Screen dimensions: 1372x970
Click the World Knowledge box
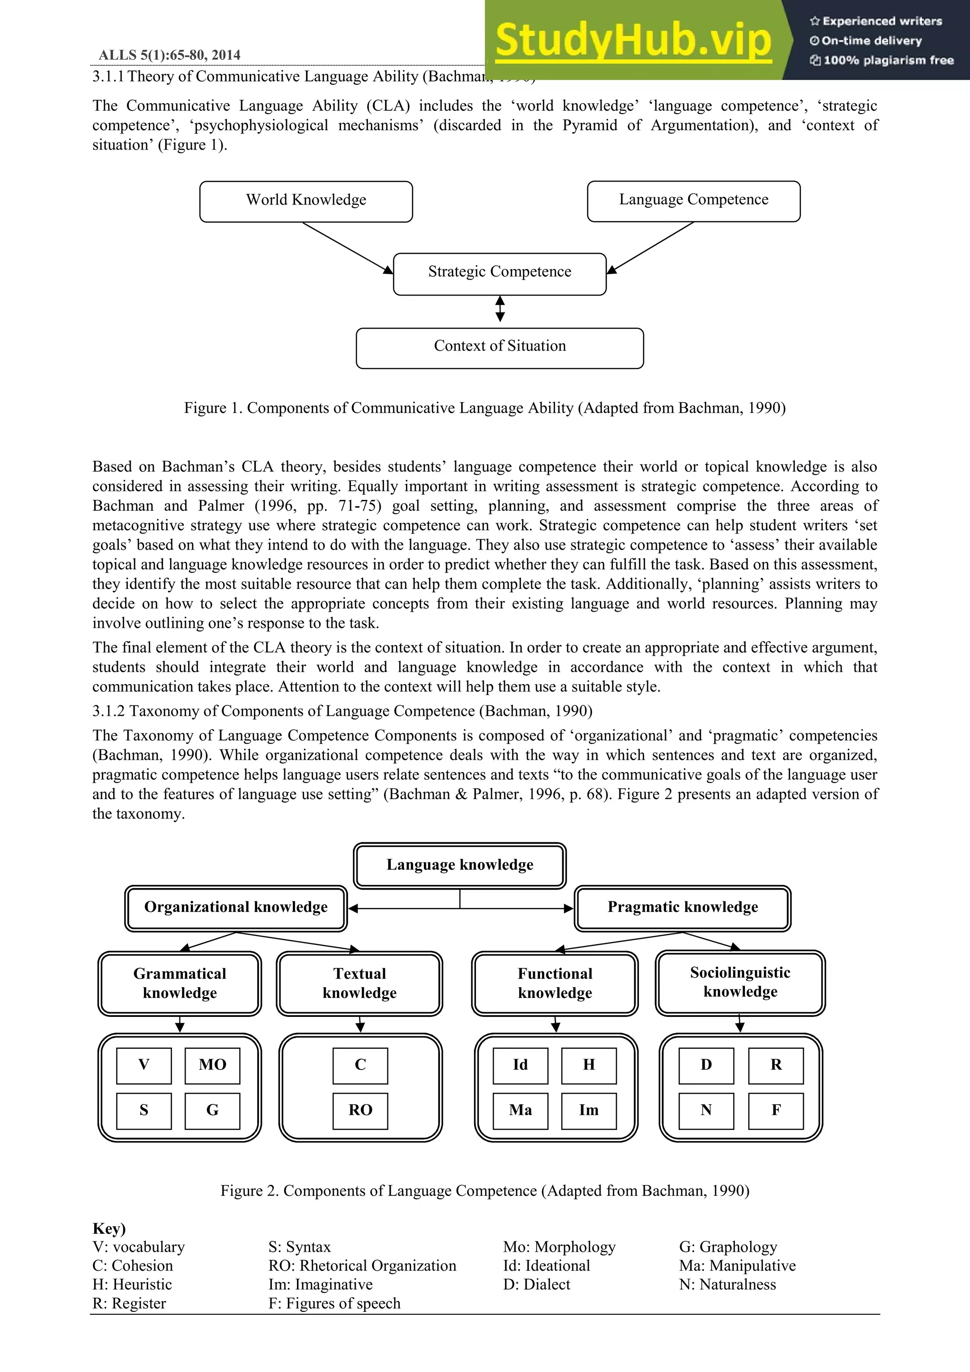tap(306, 201)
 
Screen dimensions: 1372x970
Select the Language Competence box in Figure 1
tap(693, 201)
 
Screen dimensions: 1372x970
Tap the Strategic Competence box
tap(500, 273)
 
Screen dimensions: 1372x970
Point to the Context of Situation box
tap(500, 347)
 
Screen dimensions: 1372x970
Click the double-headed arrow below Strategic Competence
tap(500, 310)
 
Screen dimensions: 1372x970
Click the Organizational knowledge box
tap(236, 908)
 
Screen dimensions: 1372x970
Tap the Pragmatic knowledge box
tap(683, 908)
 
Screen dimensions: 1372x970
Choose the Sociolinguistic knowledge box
tap(740, 982)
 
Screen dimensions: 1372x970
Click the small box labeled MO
tap(212, 1065)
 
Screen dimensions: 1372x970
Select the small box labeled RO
tap(360, 1110)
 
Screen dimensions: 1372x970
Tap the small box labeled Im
tap(589, 1110)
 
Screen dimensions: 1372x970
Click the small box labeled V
tap(144, 1065)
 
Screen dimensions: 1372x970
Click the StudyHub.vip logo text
tap(634, 40)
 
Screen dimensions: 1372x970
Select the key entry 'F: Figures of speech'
tap(334, 1303)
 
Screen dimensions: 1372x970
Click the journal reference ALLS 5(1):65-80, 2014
tap(170, 55)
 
